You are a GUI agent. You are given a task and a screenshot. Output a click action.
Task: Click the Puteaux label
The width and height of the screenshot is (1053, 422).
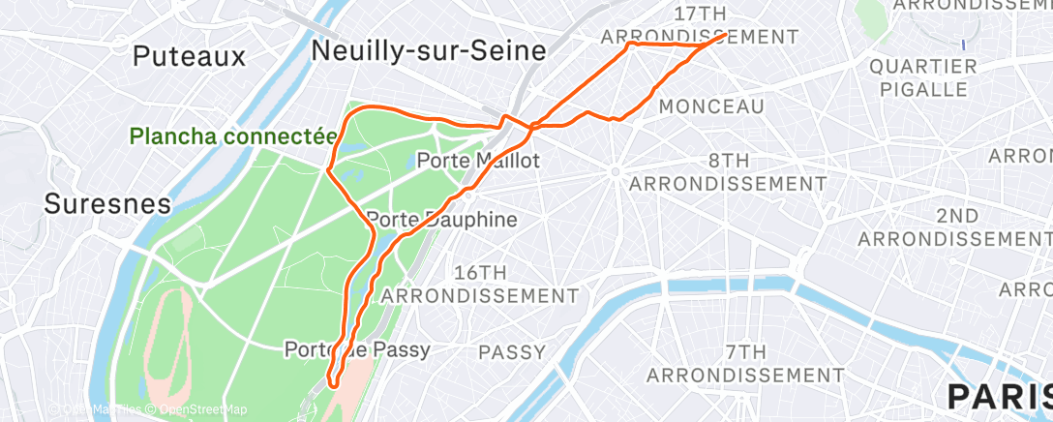point(190,56)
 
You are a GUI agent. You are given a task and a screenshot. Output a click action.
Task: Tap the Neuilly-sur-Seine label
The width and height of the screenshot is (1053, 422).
point(429,51)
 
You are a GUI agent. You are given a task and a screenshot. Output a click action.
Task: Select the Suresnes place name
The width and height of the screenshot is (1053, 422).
point(107,204)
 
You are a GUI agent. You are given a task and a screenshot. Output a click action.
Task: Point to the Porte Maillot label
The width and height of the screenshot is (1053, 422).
point(477,162)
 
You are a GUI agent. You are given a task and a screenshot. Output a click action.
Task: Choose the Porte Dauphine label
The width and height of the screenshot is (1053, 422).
point(442,220)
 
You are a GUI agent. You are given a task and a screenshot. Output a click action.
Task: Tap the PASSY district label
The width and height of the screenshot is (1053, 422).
point(512,352)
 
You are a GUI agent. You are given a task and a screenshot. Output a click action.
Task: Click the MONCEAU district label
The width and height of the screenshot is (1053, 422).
point(710,106)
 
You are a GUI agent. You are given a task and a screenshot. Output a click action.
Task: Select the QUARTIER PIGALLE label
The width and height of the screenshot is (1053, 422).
point(922,77)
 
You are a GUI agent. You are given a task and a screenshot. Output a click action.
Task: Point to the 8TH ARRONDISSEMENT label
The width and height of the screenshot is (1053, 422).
point(728,171)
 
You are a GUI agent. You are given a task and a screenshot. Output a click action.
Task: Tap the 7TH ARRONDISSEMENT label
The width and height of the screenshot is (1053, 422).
point(745,363)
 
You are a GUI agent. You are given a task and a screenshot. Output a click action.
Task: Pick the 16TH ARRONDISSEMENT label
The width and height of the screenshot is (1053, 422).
point(481,283)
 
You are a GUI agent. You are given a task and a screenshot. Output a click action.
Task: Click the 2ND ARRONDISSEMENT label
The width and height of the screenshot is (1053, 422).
point(956,226)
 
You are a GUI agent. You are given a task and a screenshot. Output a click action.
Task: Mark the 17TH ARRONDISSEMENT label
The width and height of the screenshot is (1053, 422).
point(699,25)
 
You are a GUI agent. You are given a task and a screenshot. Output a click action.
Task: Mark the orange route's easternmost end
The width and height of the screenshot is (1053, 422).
point(726,35)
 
